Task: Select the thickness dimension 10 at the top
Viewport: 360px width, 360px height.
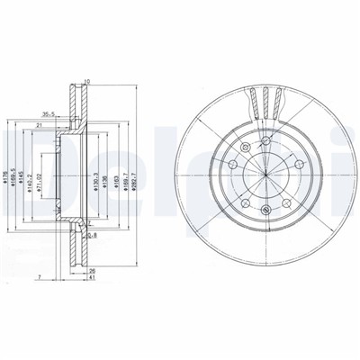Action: click(86, 83)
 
